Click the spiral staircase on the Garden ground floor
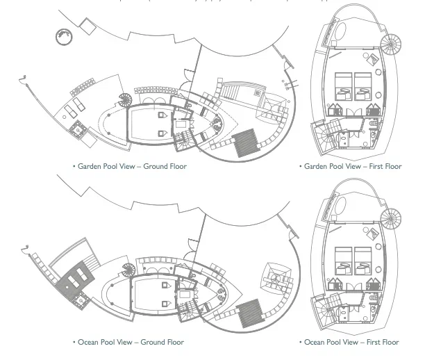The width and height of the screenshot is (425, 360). [x=125, y=100]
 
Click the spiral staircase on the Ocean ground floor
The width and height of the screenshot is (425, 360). [x=128, y=270]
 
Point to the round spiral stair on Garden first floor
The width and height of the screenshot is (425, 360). [x=391, y=44]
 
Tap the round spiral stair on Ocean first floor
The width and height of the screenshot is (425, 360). [x=391, y=219]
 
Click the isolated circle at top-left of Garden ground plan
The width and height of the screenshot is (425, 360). [x=65, y=37]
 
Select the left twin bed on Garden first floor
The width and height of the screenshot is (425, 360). [x=344, y=87]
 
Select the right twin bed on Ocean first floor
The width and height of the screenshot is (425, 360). [x=363, y=261]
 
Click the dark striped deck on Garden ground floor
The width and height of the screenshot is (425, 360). [x=246, y=142]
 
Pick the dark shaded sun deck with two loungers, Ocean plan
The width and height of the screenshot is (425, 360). [x=76, y=279]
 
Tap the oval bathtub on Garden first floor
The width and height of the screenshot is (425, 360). [x=340, y=31]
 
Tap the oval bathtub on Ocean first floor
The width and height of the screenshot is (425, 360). [x=340, y=205]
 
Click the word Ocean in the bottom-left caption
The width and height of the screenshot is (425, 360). [x=87, y=342]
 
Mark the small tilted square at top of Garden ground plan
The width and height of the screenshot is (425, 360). [x=87, y=26]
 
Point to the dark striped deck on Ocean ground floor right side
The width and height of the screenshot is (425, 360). [x=250, y=313]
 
